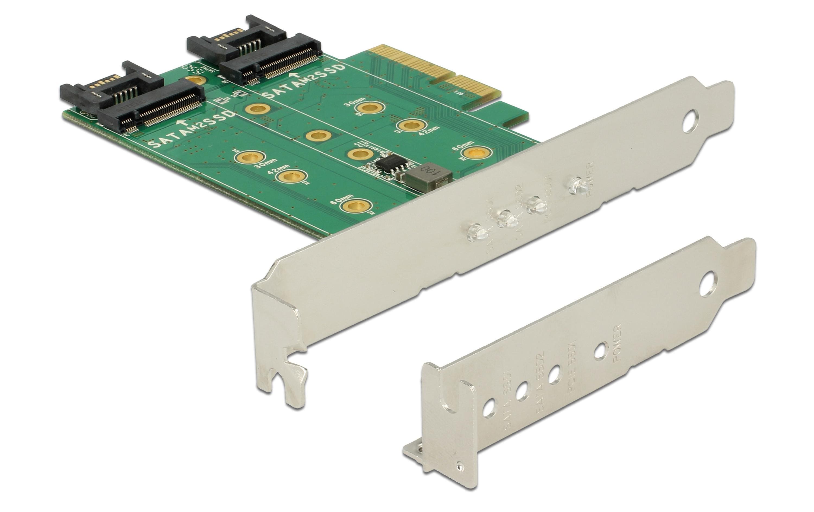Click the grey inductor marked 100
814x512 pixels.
(429, 175)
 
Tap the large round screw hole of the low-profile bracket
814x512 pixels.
(708, 284)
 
